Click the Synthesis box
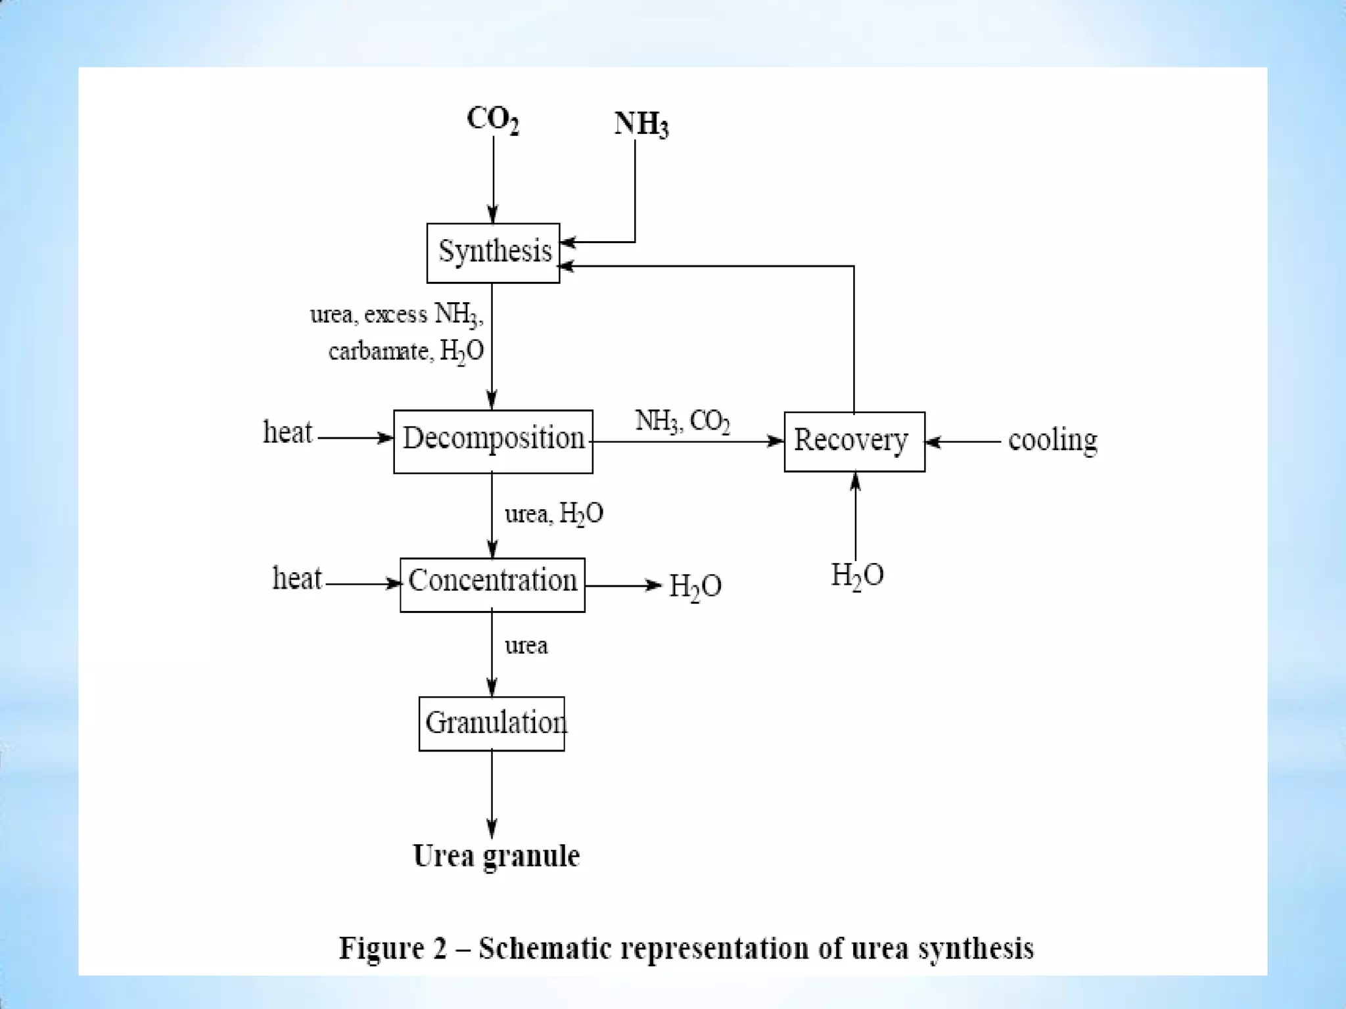(x=493, y=253)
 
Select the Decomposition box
(x=493, y=441)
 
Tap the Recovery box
(x=854, y=441)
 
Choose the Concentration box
(x=492, y=585)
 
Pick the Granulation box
(x=492, y=723)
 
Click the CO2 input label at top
(x=493, y=120)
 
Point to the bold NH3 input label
(x=641, y=124)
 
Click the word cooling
(x=1052, y=441)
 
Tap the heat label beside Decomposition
(x=287, y=433)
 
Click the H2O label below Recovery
(x=857, y=576)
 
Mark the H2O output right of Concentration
(x=695, y=586)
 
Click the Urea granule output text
(x=496, y=857)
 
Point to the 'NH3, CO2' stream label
(x=682, y=421)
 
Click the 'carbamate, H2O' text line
(x=406, y=351)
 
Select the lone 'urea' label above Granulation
(x=526, y=646)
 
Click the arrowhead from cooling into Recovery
(x=932, y=442)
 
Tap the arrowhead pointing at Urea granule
(x=492, y=830)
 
